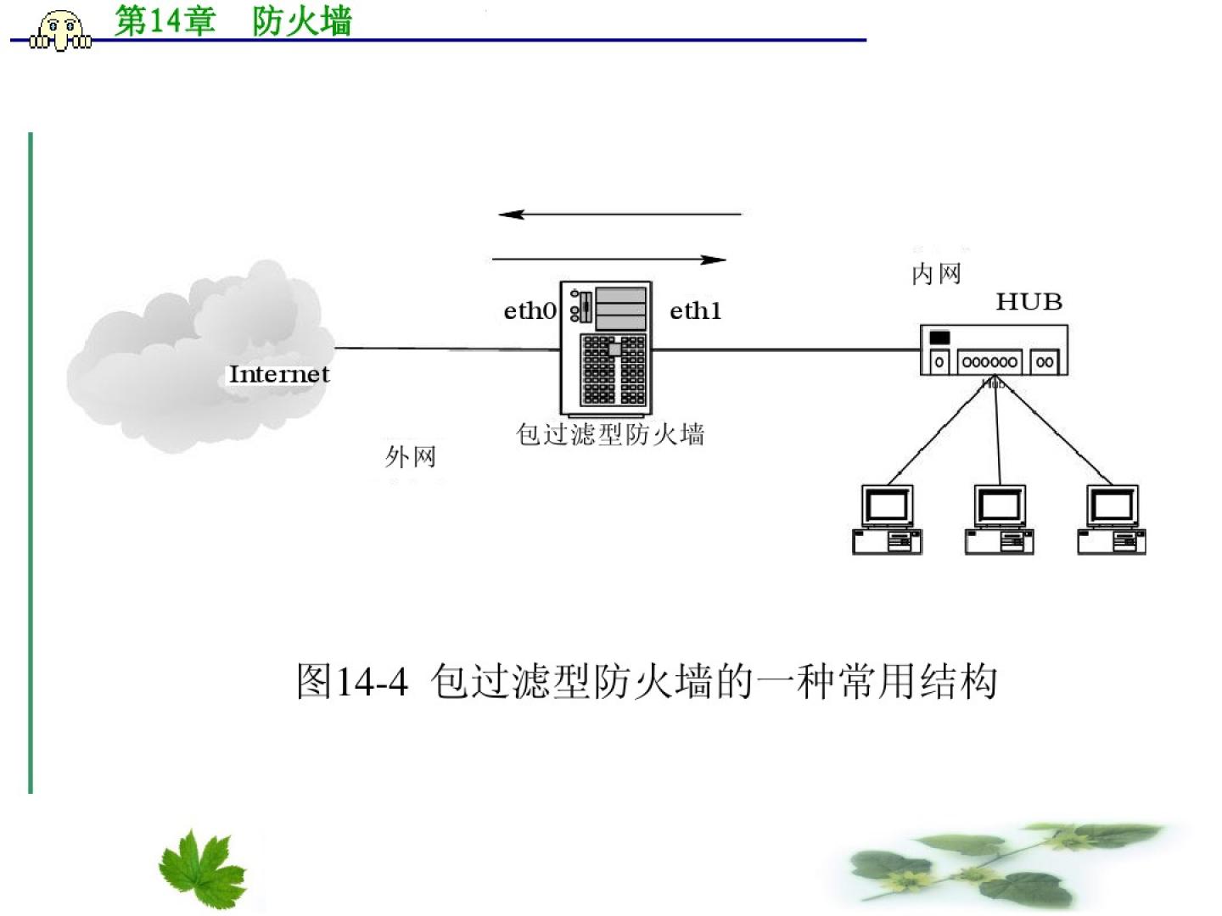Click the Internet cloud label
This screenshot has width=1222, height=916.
click(278, 374)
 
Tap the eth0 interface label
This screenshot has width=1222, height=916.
click(530, 311)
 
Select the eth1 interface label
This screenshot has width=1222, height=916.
click(695, 311)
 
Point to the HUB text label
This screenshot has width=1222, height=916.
click(1029, 302)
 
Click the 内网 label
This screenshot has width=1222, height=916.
click(936, 274)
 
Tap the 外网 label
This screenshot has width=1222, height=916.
click(410, 457)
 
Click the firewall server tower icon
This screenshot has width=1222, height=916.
click(606, 348)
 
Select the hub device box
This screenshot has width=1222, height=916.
click(994, 350)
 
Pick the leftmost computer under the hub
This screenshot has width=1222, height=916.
click(887, 520)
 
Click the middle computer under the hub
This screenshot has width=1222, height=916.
click(1000, 520)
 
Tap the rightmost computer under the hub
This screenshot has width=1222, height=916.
click(1112, 520)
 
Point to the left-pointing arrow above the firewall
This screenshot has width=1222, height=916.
click(619, 215)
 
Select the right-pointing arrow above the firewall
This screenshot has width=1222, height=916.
click(609, 260)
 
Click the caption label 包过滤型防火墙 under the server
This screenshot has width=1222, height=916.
click(610, 434)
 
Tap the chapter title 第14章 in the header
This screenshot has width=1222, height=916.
click(165, 21)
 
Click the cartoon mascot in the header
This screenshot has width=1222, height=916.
click(61, 31)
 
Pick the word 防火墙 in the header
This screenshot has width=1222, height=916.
click(302, 21)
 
